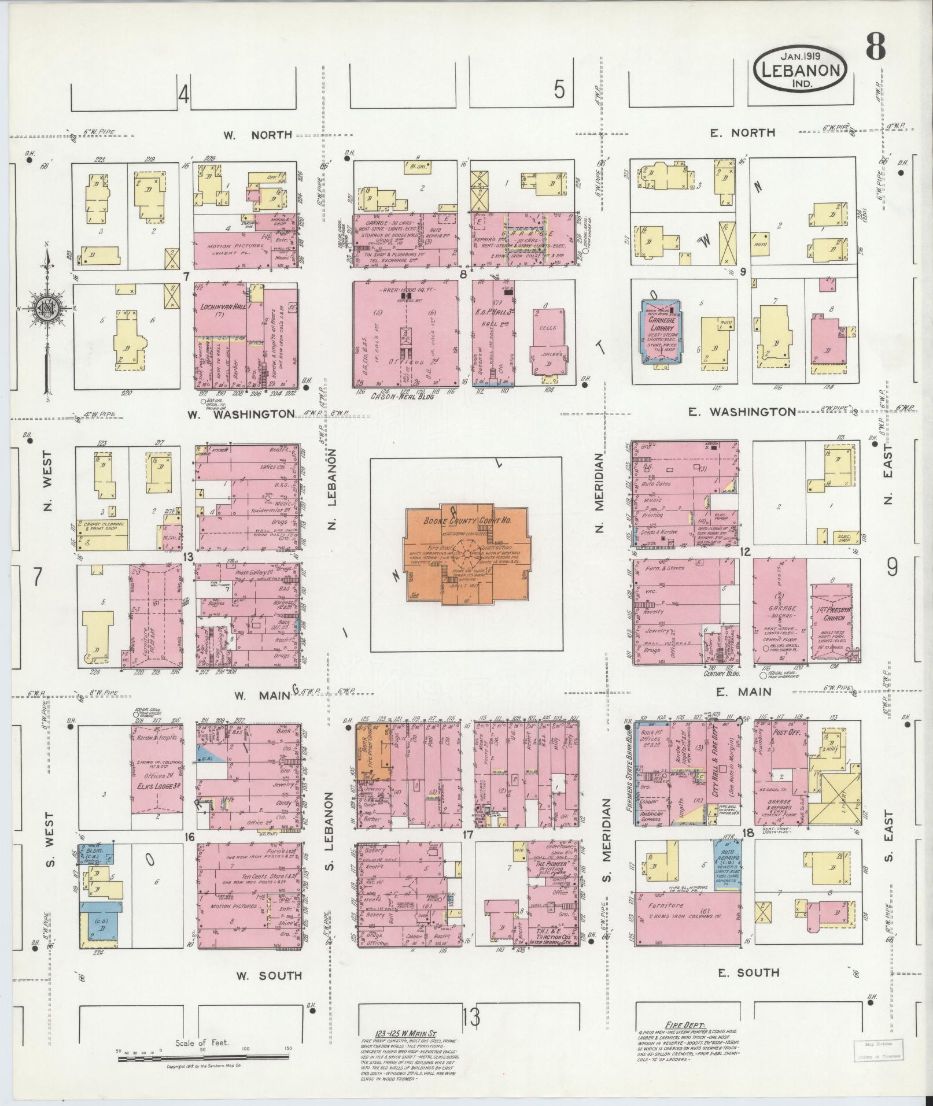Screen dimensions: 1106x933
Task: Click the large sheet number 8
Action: point(875,47)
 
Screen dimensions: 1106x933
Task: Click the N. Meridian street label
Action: point(600,493)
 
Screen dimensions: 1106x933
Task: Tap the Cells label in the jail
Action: point(548,327)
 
